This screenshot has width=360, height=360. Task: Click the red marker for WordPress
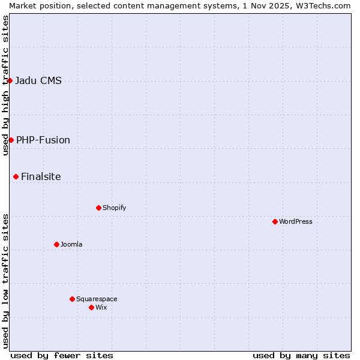point(275,221)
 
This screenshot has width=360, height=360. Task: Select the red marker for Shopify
point(98,208)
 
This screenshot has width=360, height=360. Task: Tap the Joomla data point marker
point(56,244)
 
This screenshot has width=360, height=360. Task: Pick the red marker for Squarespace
point(72,299)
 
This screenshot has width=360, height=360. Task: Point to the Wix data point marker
point(91,307)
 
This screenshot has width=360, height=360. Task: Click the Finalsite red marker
point(16,176)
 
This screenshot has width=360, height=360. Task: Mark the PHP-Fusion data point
point(11,140)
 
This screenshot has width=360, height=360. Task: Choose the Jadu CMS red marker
point(10,80)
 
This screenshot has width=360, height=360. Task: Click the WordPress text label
point(296,221)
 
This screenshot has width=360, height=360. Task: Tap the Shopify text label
point(114,208)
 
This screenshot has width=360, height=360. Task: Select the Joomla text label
point(71,244)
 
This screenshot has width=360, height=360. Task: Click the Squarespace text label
point(97,299)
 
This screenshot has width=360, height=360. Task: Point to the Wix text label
point(101,307)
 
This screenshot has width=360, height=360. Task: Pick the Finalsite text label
point(41,176)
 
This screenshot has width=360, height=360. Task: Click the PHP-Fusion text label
point(43,140)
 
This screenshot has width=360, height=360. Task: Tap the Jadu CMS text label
point(38,80)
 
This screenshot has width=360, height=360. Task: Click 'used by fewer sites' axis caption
point(62,355)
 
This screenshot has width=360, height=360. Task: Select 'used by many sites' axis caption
point(301,355)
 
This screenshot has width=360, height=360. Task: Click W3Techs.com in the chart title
point(328,5)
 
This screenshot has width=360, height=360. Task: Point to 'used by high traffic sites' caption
point(5,85)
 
